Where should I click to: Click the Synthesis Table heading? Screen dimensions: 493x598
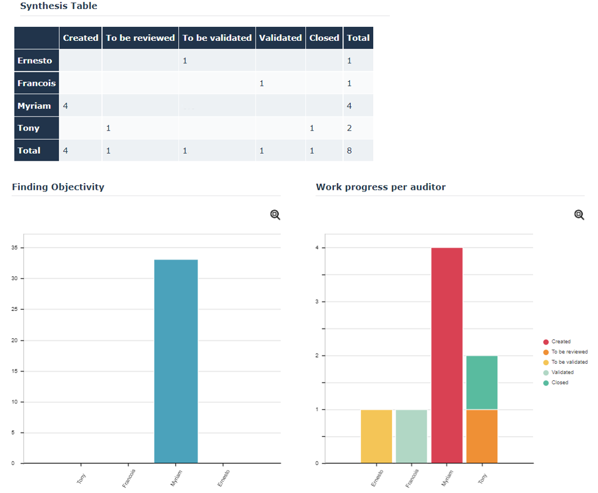point(58,6)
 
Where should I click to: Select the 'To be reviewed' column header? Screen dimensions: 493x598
point(140,38)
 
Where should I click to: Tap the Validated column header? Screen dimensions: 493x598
point(280,38)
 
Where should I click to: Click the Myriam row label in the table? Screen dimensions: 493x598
point(34,106)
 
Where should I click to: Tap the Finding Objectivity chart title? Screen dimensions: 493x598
point(58,187)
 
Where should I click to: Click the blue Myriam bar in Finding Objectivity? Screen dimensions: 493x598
point(176,361)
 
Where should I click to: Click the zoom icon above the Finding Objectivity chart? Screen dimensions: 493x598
point(275,215)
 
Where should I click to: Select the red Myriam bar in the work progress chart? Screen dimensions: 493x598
point(446,355)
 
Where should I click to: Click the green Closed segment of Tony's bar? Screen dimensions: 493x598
point(482,383)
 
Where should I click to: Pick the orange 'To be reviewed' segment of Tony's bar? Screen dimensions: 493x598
point(482,436)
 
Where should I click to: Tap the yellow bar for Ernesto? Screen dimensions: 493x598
point(376,436)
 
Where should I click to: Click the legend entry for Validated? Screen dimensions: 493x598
point(562,373)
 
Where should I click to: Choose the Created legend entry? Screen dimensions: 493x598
point(561,342)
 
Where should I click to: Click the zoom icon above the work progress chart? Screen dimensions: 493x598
point(579,215)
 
